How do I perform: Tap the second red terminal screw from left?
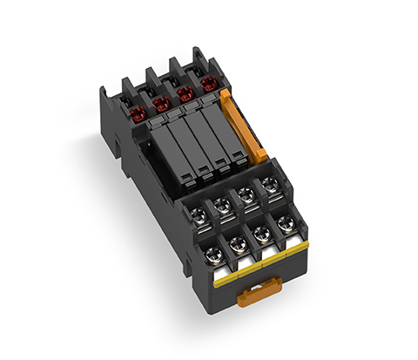(159, 103)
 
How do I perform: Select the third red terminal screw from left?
(184, 93)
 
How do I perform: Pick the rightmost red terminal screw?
(208, 85)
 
